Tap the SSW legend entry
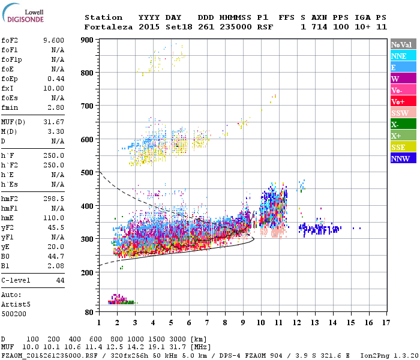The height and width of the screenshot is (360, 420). [x=403, y=113]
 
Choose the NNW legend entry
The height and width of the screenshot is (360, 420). [x=403, y=159]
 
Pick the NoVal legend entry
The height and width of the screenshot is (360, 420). [x=403, y=44]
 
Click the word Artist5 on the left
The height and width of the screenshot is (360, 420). [x=16, y=304]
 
